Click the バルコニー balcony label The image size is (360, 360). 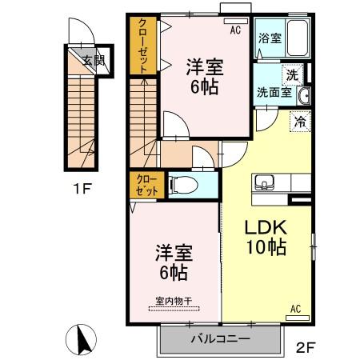219,338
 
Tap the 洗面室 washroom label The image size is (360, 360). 272,91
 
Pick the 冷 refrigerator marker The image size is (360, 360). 299,122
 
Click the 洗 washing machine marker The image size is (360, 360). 294,73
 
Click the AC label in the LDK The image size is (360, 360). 294,307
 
